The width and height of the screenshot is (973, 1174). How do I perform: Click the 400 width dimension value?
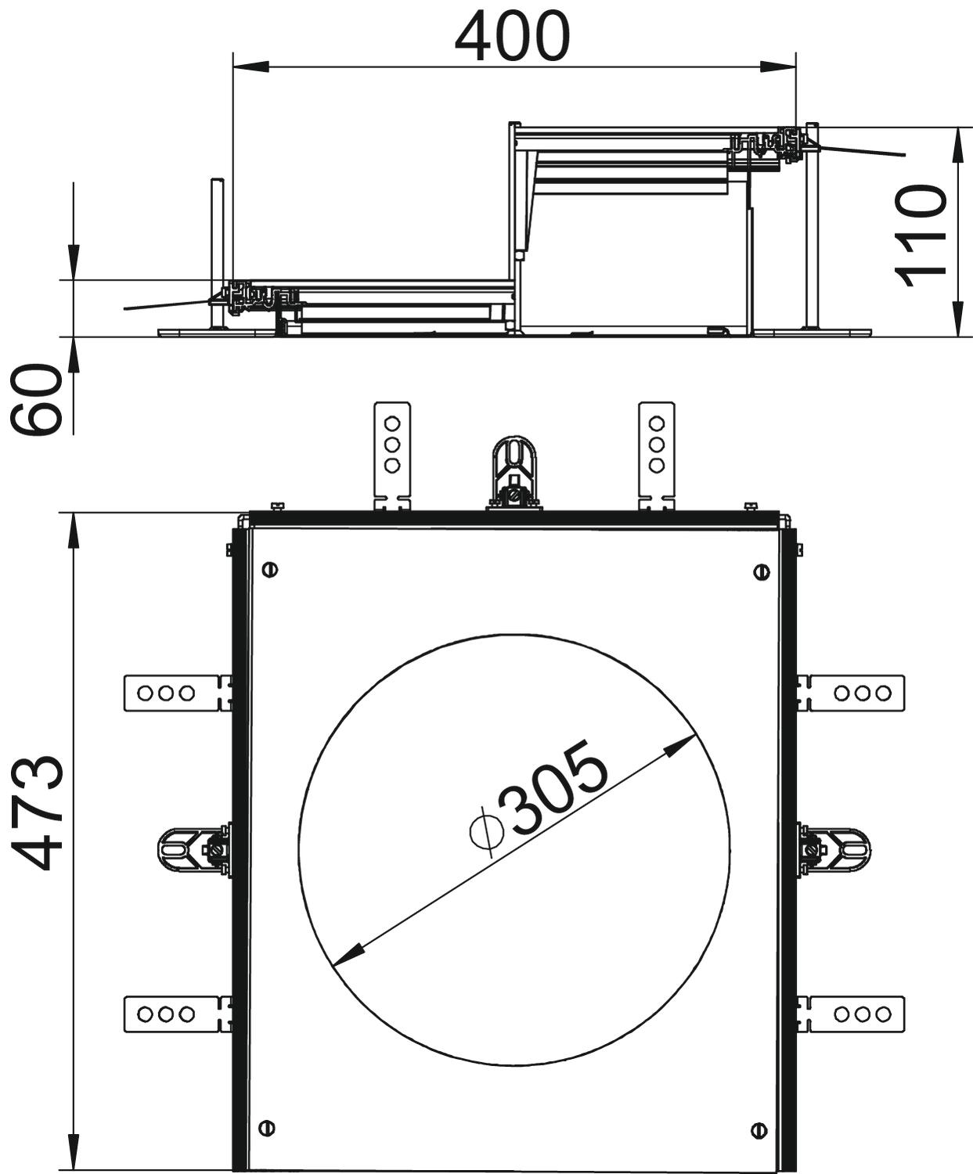point(513,37)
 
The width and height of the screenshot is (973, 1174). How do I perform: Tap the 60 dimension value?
point(34,400)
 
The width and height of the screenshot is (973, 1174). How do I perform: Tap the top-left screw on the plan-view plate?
point(270,570)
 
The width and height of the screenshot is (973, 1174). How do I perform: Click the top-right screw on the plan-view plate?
point(762,572)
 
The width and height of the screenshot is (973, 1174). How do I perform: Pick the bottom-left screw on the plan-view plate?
point(266,1111)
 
